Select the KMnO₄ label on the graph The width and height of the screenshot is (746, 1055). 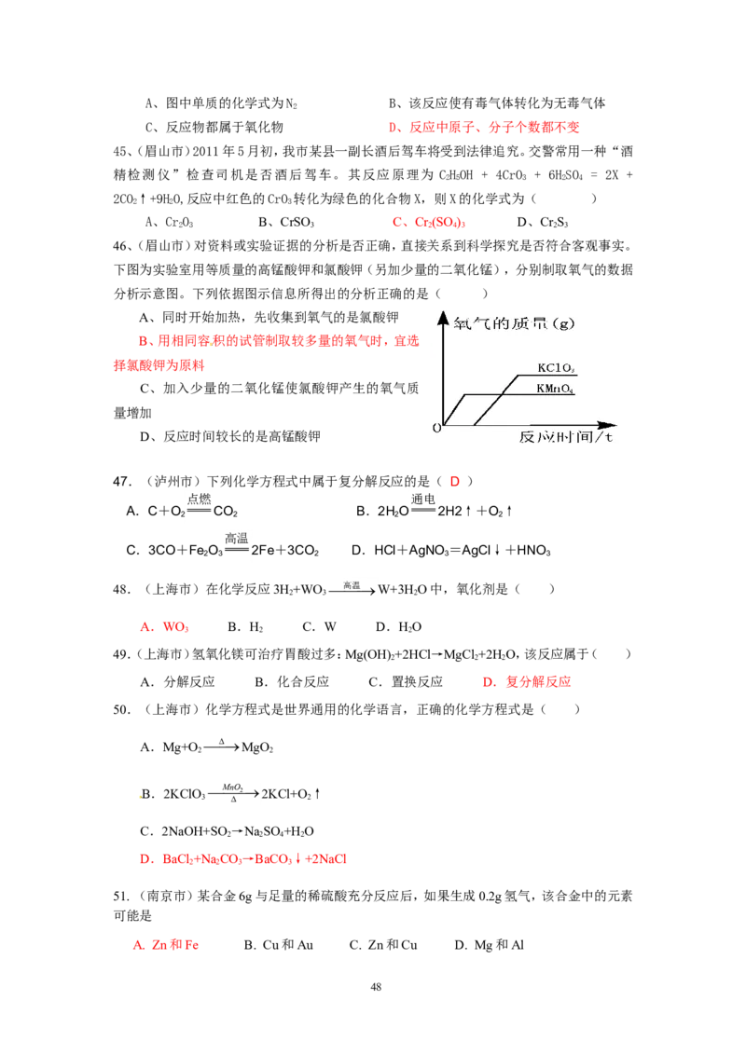pos(554,388)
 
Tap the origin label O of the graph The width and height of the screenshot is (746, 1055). pos(435,428)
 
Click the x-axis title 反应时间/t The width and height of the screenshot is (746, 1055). pos(566,437)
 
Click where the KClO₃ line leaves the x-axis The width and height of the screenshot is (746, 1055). pos(475,425)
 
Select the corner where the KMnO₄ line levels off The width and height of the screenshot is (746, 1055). pos(465,394)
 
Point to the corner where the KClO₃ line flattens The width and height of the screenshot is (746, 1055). pos(518,375)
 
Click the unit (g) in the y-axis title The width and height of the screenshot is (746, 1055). pos(564,324)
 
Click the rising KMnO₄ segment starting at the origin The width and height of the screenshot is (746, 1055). pos(454,410)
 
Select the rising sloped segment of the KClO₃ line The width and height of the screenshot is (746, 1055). pos(496,401)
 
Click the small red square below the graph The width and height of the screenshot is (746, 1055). pos(455,481)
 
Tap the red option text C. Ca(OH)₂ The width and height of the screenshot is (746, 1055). pos(428,224)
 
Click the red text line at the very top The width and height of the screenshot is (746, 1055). pos(484,127)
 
